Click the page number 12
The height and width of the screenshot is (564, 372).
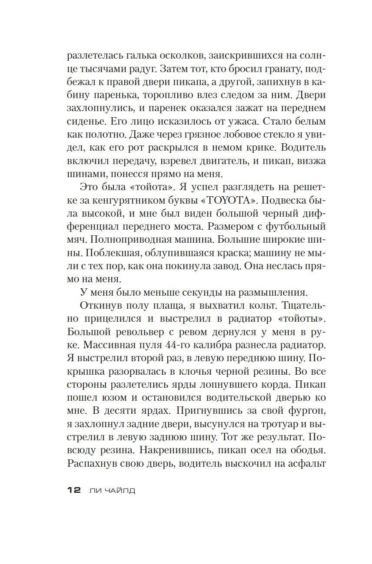coord(74,490)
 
